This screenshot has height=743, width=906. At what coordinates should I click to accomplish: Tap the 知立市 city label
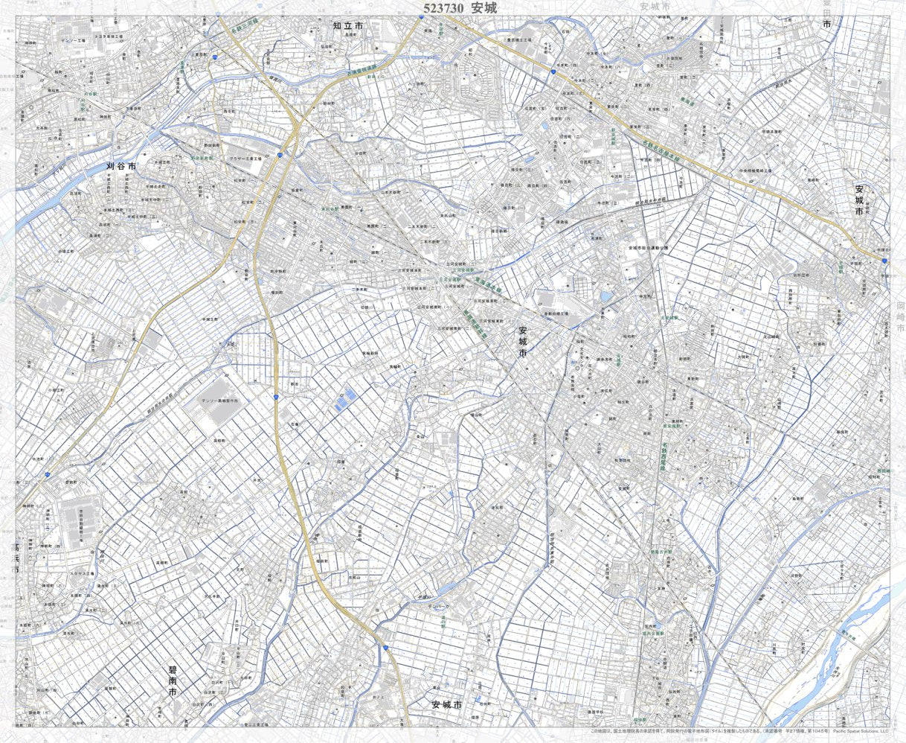click(348, 26)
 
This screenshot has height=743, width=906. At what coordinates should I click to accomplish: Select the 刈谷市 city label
click(121, 167)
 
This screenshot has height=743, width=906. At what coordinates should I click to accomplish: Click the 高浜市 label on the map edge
click(16, 557)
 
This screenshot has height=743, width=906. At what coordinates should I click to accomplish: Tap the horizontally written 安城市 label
click(446, 704)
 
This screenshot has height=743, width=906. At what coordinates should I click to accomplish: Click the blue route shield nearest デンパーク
click(385, 648)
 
